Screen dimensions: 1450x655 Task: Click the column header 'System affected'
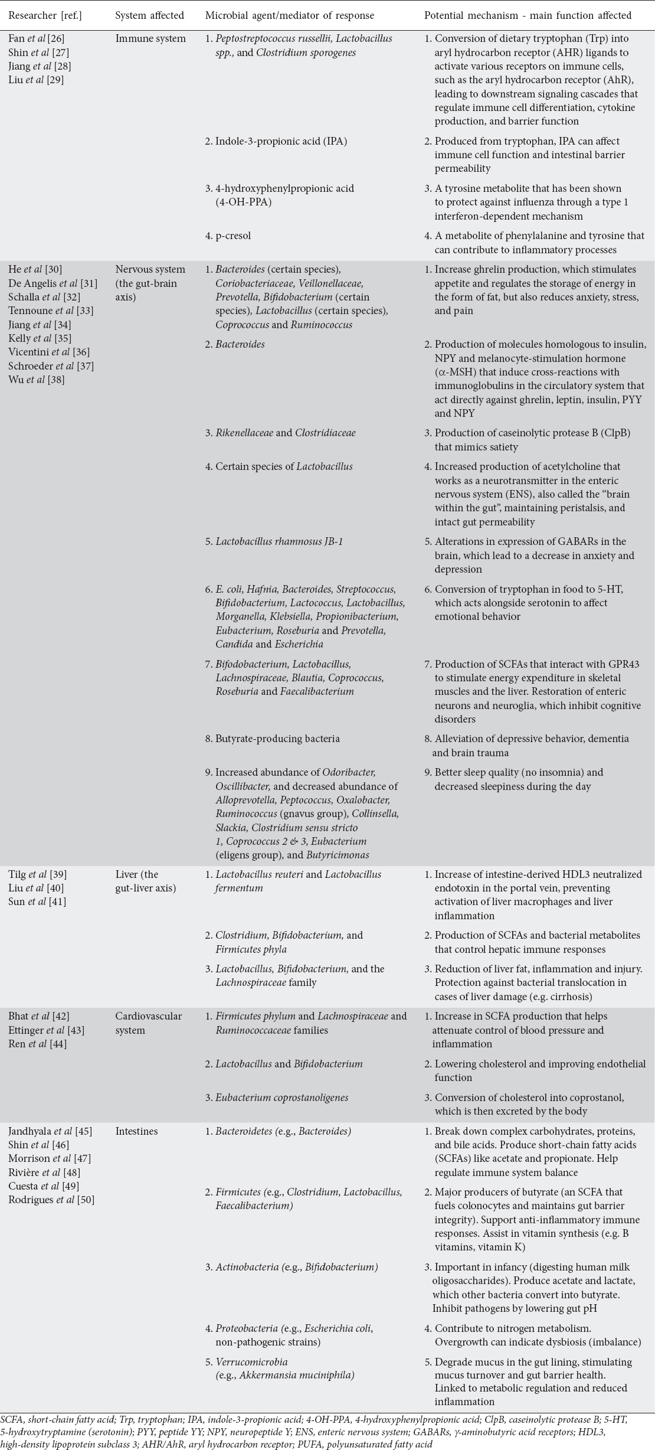coord(149,15)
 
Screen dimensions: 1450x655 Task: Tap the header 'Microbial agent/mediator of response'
coord(289,15)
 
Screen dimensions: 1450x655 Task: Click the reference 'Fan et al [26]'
coord(37,39)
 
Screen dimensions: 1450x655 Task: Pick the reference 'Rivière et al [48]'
coord(44,1172)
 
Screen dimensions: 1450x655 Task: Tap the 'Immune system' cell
coord(150,39)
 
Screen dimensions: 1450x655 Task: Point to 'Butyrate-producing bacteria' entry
coord(273,739)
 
